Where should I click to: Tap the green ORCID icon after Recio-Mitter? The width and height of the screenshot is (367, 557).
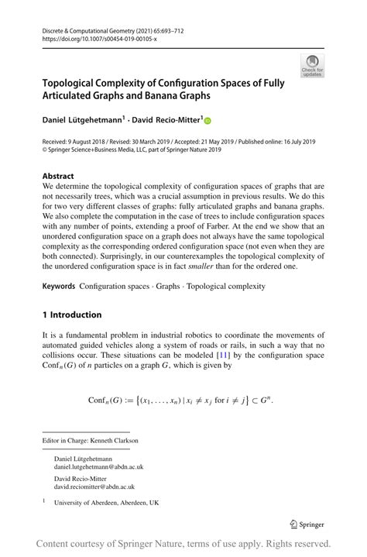208,120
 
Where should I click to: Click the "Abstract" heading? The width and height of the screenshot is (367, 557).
58,176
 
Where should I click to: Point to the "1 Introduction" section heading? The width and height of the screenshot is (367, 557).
72,315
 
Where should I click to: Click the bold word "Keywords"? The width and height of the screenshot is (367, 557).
59,286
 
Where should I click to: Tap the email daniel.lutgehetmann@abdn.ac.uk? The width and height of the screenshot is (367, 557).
98,467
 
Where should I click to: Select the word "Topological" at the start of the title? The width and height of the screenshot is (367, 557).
76,83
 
